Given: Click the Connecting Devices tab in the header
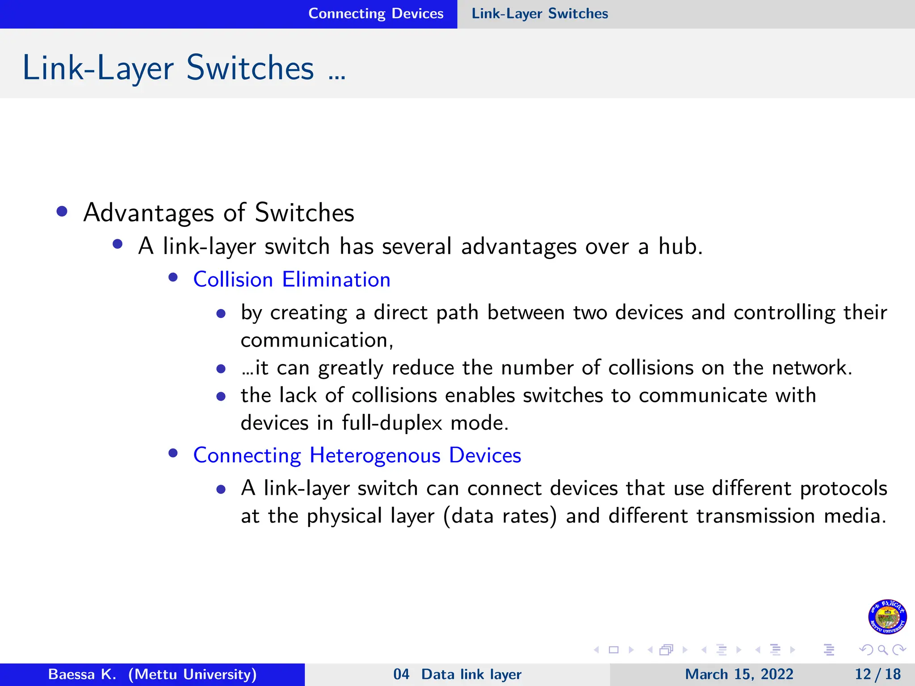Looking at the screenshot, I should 376,14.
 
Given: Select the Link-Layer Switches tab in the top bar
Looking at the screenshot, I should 540,14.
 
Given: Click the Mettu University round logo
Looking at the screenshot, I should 887,617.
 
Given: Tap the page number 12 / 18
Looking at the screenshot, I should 877,674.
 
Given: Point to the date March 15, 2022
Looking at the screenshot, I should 739,674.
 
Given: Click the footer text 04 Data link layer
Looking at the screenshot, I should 457,674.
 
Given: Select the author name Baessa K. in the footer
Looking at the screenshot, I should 82,674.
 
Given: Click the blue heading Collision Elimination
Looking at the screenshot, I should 292,280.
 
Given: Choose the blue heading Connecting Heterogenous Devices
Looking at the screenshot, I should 357,456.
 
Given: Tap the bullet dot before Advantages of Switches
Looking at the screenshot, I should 62,211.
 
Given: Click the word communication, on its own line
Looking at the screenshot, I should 317,340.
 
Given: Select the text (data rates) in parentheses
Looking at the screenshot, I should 500,516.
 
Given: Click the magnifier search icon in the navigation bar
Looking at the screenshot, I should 882,650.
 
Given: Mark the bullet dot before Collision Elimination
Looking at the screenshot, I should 173,278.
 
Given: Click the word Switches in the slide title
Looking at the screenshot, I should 250,68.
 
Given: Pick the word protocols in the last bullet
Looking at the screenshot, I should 843,488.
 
